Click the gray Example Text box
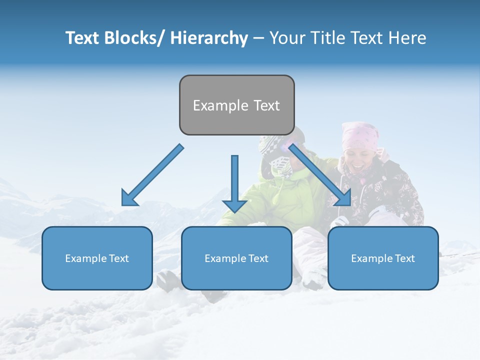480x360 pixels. tap(236, 105)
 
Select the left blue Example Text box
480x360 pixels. tap(97, 258)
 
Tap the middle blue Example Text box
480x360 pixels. tap(236, 258)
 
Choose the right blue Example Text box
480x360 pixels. tap(383, 258)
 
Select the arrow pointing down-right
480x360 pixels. tap(320, 175)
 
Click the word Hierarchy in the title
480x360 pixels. tap(209, 38)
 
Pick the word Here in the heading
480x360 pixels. tap(407, 38)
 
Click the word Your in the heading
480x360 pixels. tap(287, 38)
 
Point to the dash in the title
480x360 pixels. tap(258, 38)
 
